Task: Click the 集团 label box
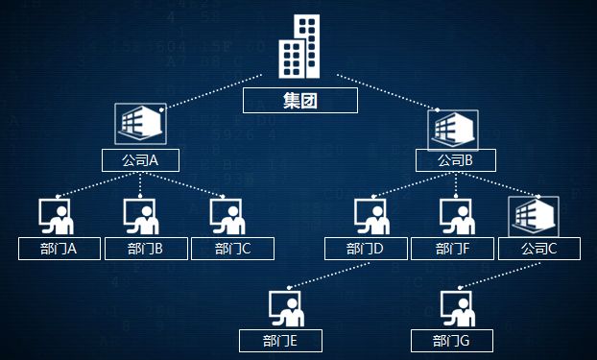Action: [299, 101]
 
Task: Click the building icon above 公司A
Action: [141, 125]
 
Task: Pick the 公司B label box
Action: [455, 160]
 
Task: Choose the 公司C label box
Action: [538, 250]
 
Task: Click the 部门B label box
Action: [144, 250]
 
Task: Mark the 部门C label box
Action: [232, 250]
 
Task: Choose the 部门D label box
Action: [365, 250]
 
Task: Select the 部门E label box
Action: [280, 341]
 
